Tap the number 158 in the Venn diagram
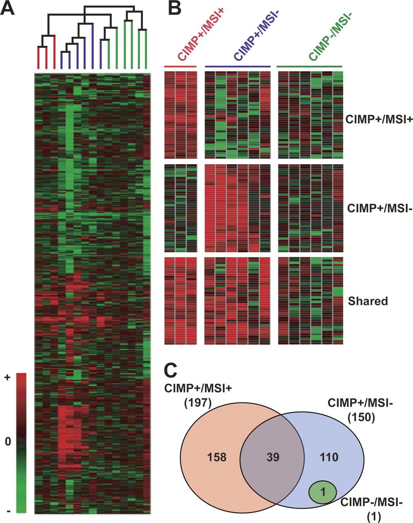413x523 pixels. pos(217,457)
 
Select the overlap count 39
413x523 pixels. pos(273,457)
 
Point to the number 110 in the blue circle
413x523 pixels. pos(329,457)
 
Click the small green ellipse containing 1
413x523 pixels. pos(323,492)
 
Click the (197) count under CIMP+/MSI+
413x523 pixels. pos(198,403)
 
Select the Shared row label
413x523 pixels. pos(368,301)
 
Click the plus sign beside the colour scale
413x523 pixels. pos(8,377)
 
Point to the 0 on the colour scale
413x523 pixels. pos(8,442)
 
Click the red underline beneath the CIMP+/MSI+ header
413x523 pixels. pos(180,66)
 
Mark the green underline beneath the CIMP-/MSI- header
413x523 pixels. pos(309,66)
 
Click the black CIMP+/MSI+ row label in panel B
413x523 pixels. pos(379,119)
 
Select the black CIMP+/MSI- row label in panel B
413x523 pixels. pos(380,208)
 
